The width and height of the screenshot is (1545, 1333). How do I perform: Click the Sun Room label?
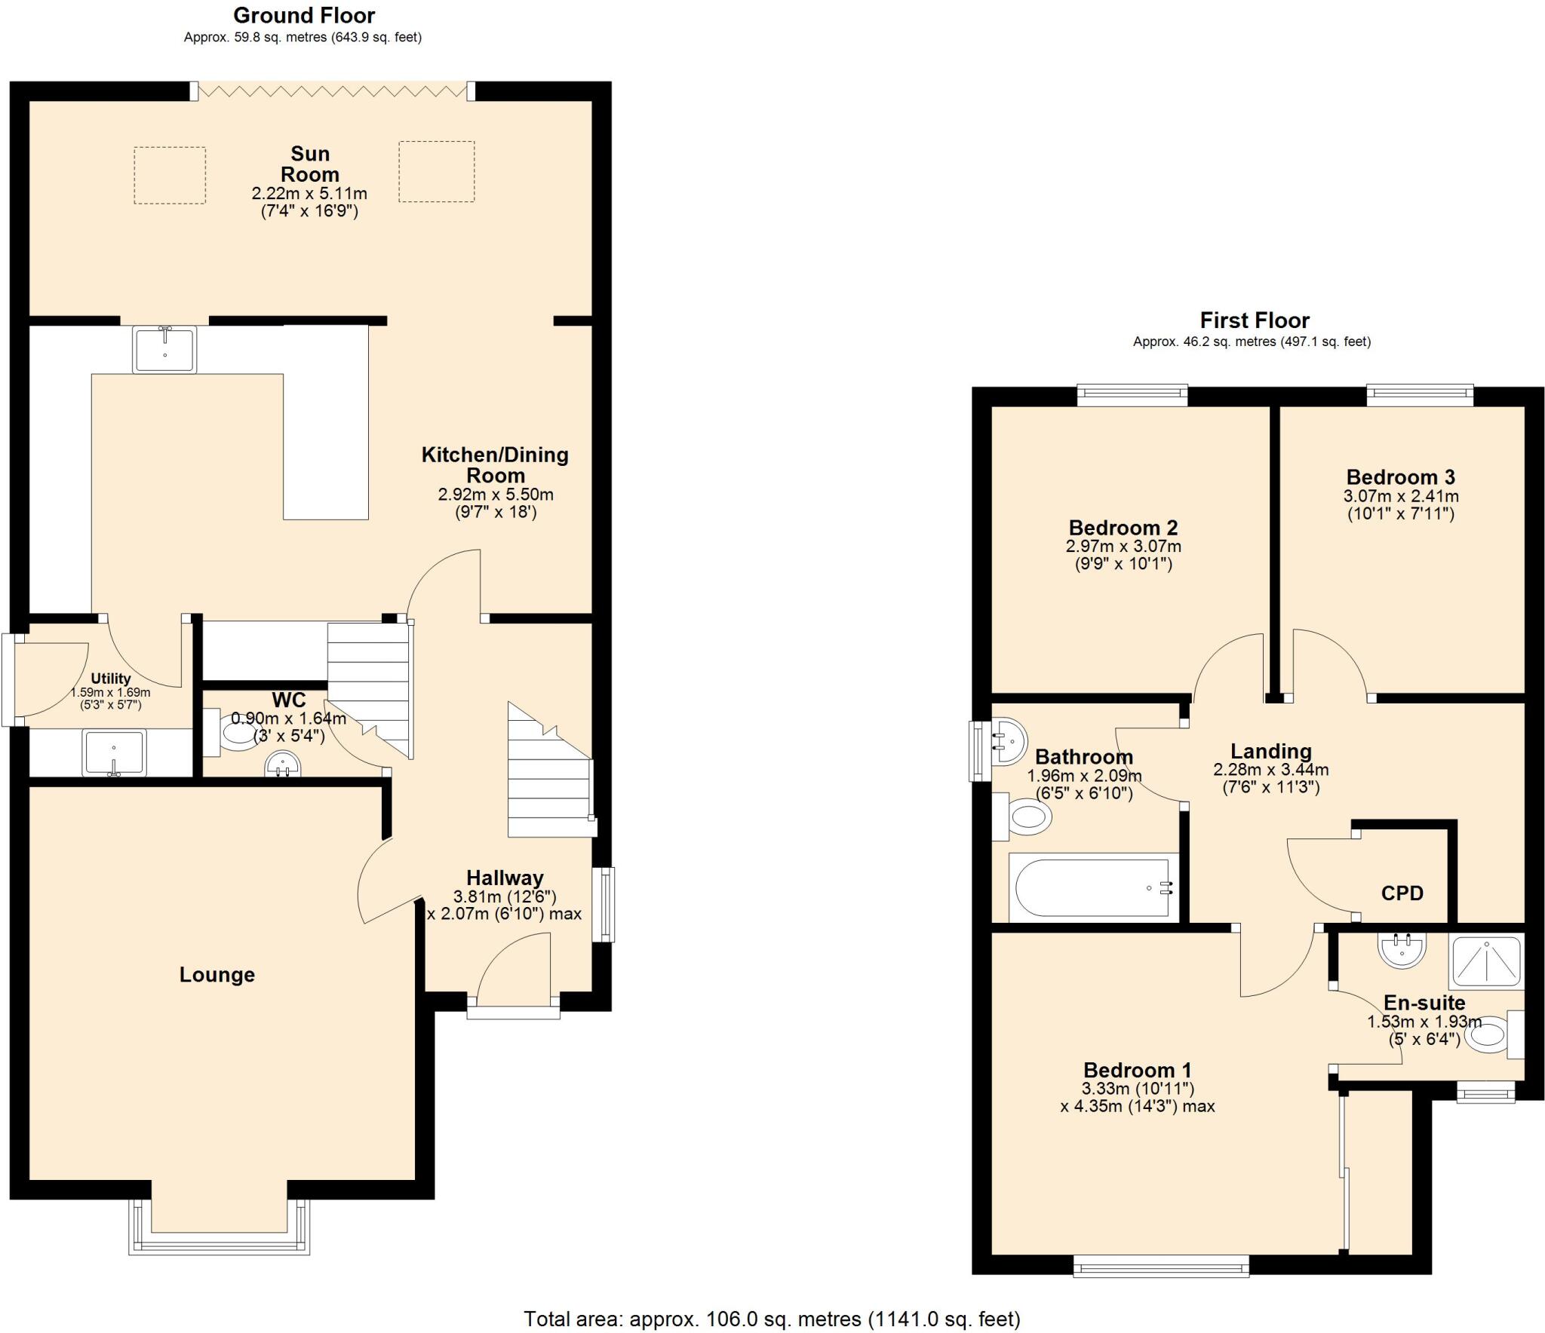coord(309,164)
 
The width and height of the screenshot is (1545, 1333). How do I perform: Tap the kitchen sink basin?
coord(164,349)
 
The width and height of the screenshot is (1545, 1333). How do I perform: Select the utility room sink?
coord(114,752)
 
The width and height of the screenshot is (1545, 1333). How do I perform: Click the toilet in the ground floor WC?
coord(234,732)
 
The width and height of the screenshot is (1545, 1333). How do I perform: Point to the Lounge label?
coord(217,975)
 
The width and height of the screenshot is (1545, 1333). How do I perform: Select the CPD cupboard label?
coord(1402,893)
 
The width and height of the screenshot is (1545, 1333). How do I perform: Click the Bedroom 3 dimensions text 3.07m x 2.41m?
coord(1400,497)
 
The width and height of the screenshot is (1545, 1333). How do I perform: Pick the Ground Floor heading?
coord(304,15)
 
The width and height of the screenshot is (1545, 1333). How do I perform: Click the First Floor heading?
coord(1254,320)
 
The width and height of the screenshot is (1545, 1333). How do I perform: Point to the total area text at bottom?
coord(772,1318)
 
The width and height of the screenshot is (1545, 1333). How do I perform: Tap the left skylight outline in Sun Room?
coord(170,175)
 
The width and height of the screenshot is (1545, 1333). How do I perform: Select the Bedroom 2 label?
coord(1123,527)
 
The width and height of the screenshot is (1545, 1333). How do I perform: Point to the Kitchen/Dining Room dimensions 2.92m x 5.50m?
coord(495,495)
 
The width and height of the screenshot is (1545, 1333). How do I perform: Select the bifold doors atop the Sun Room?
coord(332,91)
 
